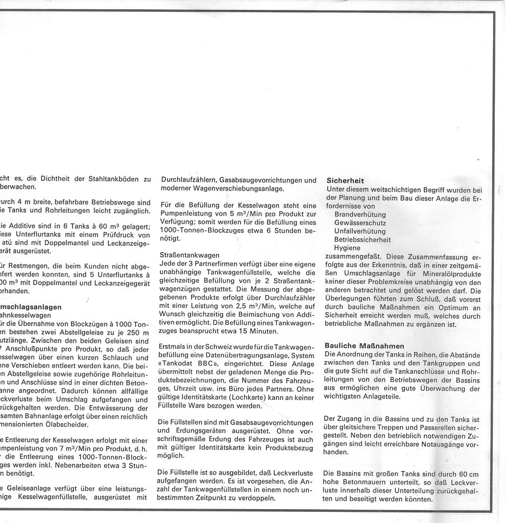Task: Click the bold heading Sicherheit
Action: pos(345,181)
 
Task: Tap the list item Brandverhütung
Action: pos(360,215)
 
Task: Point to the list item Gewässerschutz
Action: pos(360,223)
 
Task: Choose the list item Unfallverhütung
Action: pos(360,231)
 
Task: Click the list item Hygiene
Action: pos(347,247)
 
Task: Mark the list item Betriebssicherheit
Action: pos(363,239)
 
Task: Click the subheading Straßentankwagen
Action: pos(189,255)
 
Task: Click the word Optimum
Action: pos(449,307)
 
